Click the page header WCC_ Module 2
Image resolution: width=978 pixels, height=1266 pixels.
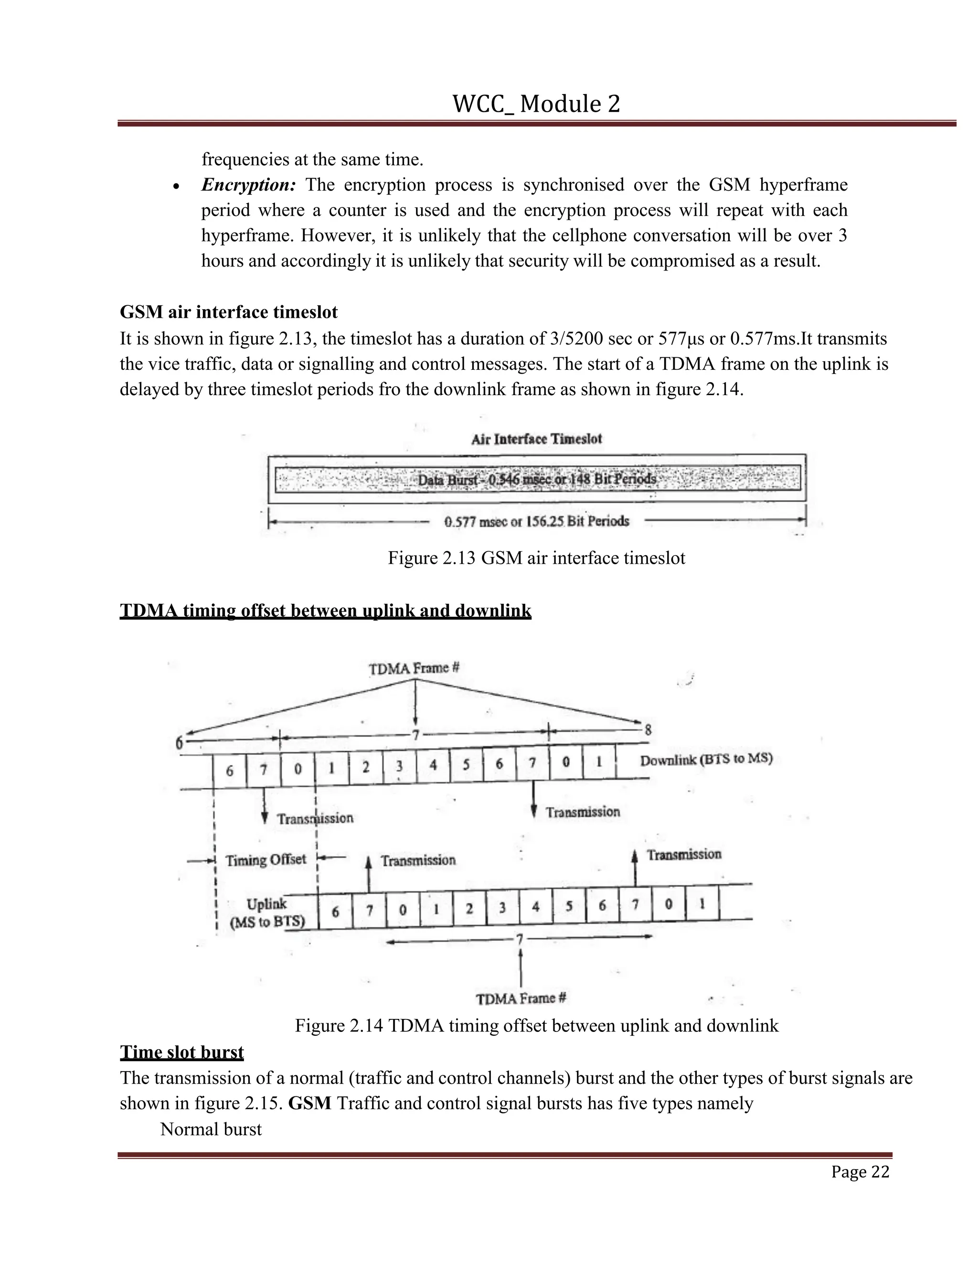click(536, 104)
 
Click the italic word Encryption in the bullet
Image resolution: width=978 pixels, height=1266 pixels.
click(248, 185)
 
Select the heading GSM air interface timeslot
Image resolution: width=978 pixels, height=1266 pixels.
click(228, 312)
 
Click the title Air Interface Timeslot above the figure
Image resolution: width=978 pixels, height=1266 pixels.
click(536, 439)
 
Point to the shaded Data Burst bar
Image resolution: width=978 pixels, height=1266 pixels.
click(537, 479)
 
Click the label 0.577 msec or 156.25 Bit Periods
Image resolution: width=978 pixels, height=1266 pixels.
click(536, 521)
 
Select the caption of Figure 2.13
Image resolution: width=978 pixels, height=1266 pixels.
click(536, 558)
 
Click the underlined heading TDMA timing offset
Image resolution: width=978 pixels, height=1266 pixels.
click(325, 611)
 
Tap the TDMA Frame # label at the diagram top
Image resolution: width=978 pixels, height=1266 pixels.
click(414, 668)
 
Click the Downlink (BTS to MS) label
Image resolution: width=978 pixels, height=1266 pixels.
click(706, 760)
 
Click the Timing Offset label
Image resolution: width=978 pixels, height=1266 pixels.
click(266, 859)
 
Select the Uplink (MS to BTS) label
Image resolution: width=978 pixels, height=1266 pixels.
click(266, 913)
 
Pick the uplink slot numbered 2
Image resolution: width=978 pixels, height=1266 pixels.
click(469, 908)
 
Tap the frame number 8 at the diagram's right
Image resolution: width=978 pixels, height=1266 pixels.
click(648, 730)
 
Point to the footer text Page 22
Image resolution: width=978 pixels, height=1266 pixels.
click(860, 1171)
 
